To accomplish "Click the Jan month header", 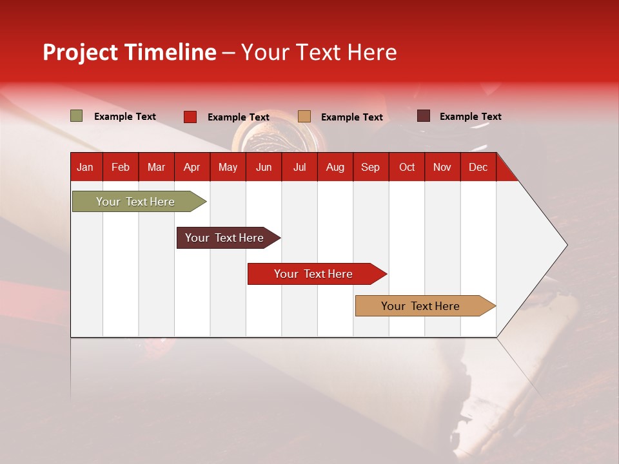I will pos(85,167).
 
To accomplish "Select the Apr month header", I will pos(192,167).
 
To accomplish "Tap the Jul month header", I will pos(299,167).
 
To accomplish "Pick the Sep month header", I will pos(370,167).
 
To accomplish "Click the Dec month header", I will pos(478,167).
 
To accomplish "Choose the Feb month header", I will pos(121,167).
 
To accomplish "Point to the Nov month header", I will pos(442,167).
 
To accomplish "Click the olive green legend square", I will pos(77,116).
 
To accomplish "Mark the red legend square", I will pos(190,117).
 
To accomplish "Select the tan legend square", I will pos(304,117).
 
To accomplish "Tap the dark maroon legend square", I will pos(424,116).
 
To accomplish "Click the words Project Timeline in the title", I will pos(130,52).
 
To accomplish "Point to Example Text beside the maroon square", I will pos(470,117).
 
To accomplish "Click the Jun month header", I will pos(264,167).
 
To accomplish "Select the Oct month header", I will pos(407,167).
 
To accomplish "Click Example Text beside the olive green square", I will pos(124,117).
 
